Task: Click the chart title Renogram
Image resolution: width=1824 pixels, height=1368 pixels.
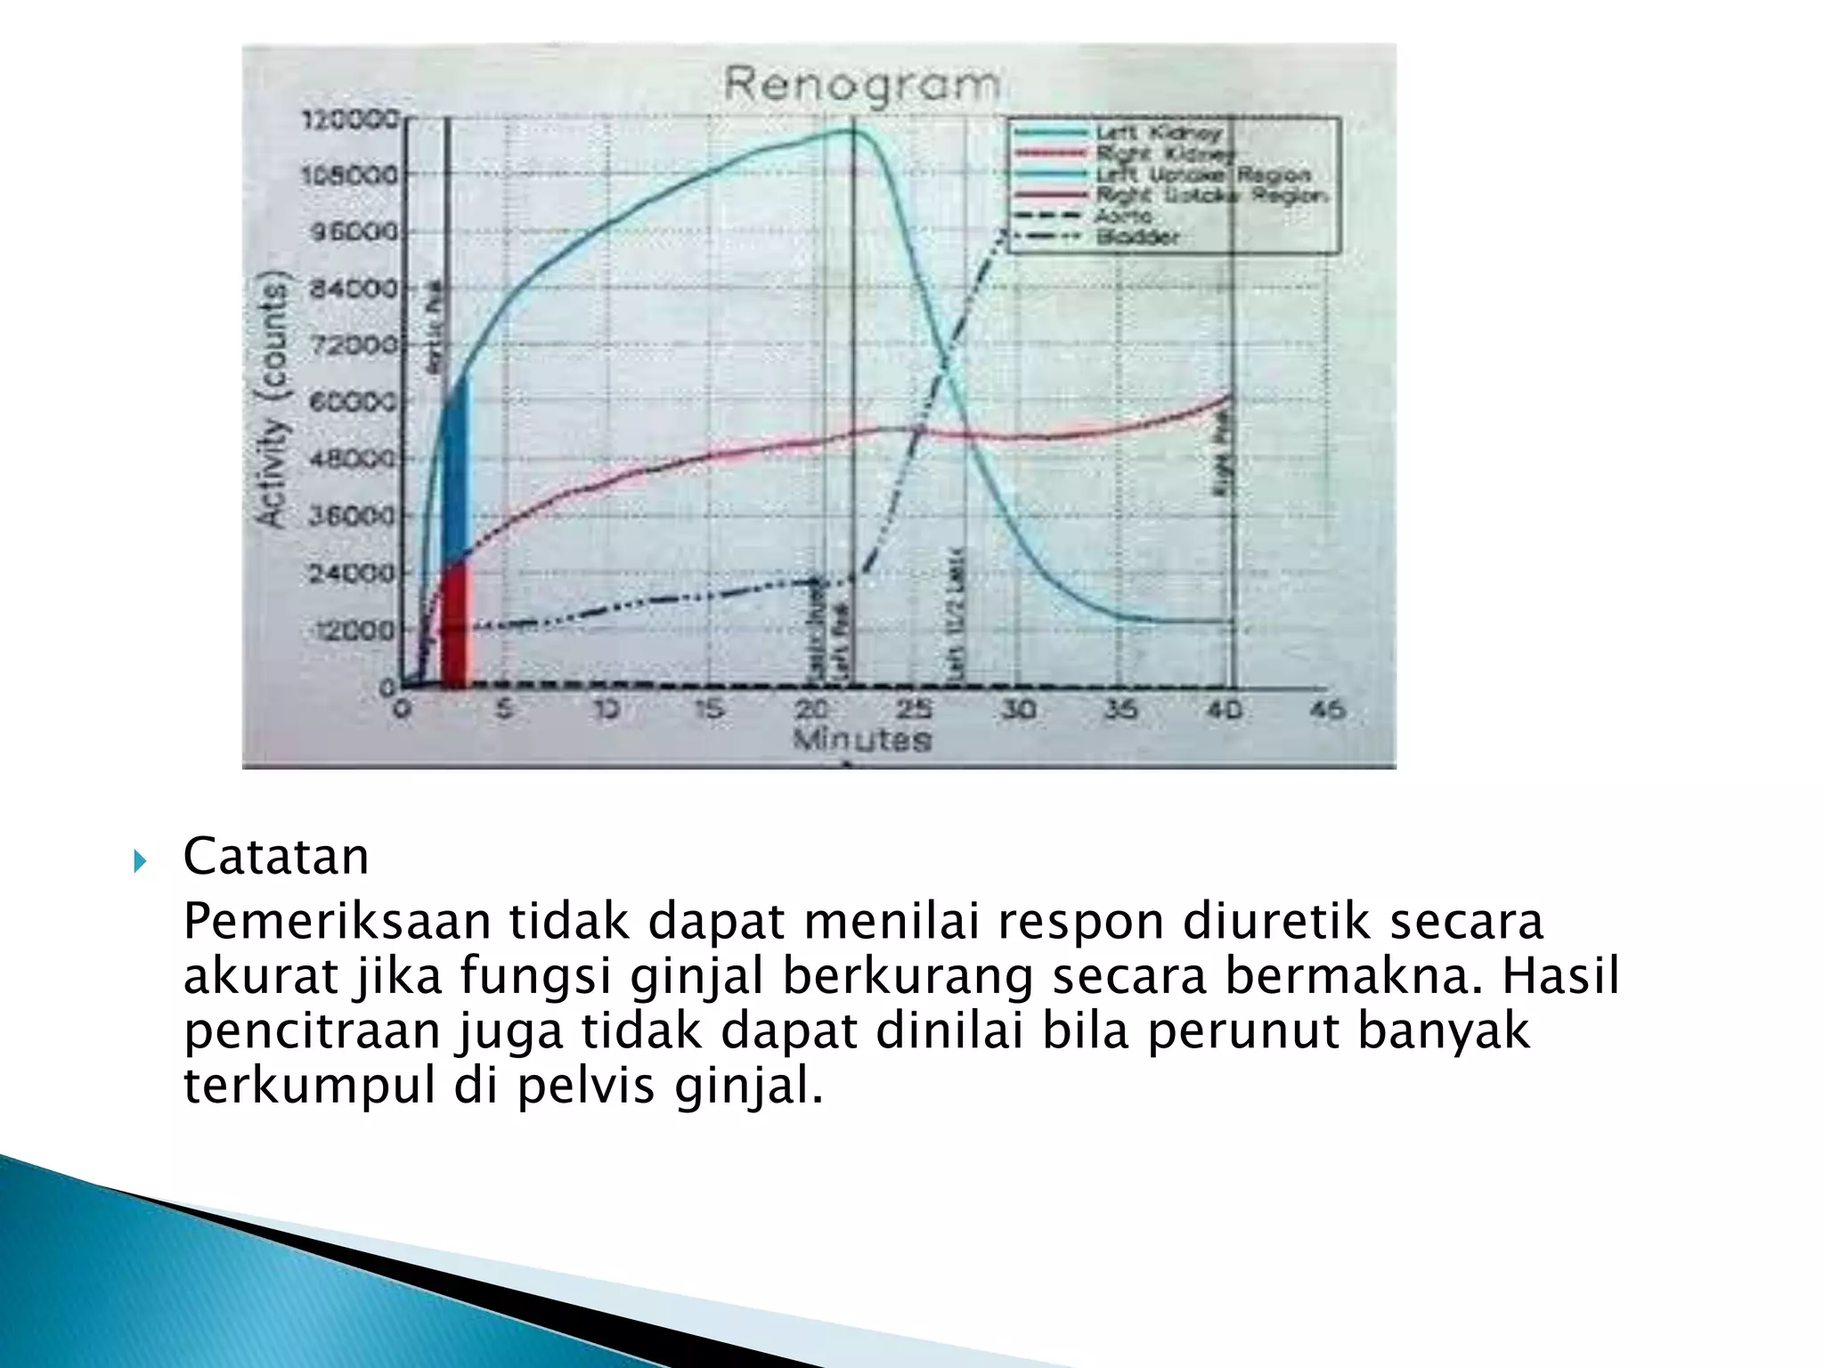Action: point(860,85)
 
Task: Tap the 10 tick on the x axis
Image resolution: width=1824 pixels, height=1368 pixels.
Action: point(608,709)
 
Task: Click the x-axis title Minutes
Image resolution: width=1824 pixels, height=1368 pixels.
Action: point(861,739)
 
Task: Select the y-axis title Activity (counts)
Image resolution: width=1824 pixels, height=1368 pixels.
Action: point(273,401)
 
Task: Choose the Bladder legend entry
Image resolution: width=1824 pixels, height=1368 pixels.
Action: point(1137,237)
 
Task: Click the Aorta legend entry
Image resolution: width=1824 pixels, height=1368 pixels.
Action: point(1124,216)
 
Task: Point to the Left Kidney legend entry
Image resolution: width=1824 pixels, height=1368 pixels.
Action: point(1158,134)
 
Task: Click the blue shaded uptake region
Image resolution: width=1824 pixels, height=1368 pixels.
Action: point(454,472)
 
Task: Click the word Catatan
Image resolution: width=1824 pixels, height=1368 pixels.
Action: point(275,857)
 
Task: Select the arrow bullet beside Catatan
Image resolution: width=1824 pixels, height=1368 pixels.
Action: point(140,860)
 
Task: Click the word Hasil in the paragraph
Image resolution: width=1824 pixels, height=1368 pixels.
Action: point(1560,976)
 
